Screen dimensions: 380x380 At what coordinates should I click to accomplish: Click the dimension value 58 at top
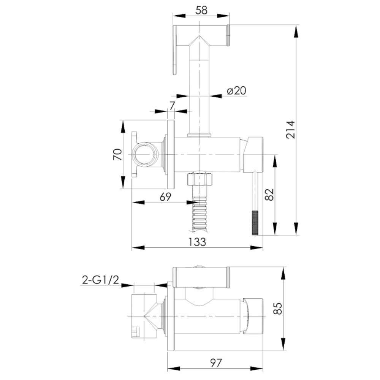click(x=201, y=10)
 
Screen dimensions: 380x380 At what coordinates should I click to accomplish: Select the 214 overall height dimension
click(x=290, y=130)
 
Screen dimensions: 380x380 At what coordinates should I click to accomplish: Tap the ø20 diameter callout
click(x=236, y=91)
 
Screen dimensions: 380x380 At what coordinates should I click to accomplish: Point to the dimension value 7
click(x=172, y=106)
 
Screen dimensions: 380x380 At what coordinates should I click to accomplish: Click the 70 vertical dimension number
click(x=117, y=154)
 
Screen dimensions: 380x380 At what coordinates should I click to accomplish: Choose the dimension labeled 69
click(x=165, y=197)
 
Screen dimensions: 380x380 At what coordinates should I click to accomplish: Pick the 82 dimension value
click(x=269, y=195)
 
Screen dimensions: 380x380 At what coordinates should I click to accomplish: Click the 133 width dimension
click(x=197, y=242)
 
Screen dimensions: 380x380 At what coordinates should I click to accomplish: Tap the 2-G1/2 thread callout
click(x=101, y=280)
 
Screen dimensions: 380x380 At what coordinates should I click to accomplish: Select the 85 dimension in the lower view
click(x=278, y=309)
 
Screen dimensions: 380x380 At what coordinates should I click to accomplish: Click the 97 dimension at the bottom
click(x=216, y=363)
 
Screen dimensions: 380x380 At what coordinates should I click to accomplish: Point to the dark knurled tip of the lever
click(x=255, y=223)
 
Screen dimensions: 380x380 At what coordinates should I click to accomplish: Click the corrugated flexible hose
click(x=199, y=213)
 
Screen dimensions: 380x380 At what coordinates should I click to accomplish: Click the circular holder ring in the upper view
click(x=146, y=155)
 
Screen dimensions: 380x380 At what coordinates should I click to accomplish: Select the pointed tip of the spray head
click(x=199, y=36)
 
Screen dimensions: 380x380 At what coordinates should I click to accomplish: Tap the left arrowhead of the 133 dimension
click(x=138, y=248)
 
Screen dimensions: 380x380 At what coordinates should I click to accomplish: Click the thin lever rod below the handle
click(x=255, y=192)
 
